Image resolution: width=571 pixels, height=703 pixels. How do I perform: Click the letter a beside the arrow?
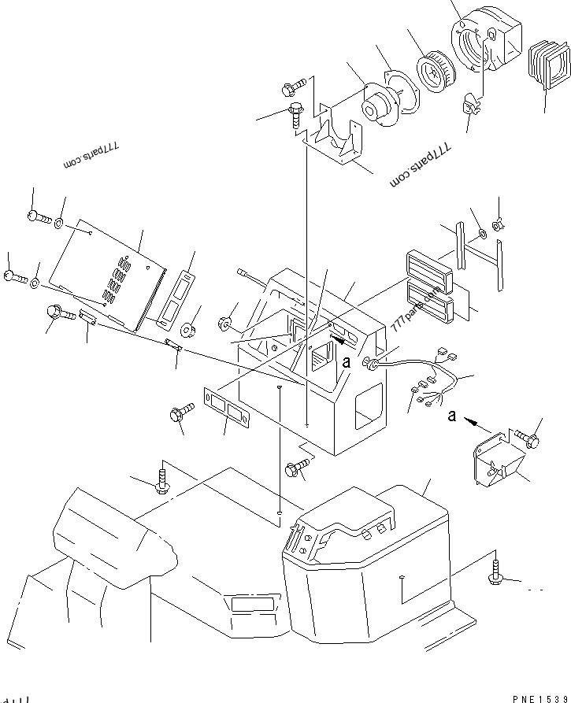pyautogui.click(x=451, y=416)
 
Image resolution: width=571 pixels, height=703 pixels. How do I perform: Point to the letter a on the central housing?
pyautogui.click(x=346, y=362)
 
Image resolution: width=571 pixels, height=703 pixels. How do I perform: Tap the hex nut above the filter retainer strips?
pyautogui.click(x=497, y=225)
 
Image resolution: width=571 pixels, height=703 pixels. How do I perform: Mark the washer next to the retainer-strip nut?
pyautogui.click(x=480, y=234)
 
